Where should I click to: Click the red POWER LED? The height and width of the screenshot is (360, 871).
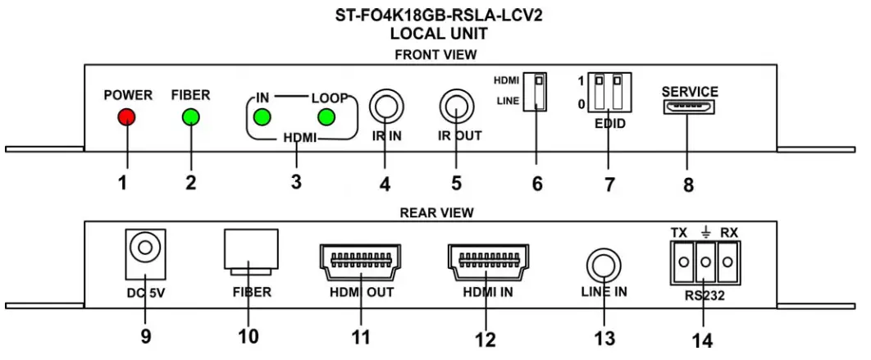(x=125, y=117)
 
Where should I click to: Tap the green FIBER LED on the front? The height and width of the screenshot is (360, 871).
(x=191, y=117)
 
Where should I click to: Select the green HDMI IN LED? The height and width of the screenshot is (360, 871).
(x=262, y=117)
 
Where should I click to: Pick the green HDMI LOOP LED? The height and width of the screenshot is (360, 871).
(x=326, y=117)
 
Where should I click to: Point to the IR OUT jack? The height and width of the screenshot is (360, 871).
(x=457, y=107)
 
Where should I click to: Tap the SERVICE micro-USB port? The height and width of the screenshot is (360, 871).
(x=689, y=109)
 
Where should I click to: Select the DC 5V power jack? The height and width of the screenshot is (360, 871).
(x=144, y=248)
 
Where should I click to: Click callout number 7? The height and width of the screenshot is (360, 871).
(x=609, y=184)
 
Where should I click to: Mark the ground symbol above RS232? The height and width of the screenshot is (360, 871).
(x=703, y=232)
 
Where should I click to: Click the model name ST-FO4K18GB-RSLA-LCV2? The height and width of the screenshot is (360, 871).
(x=435, y=15)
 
